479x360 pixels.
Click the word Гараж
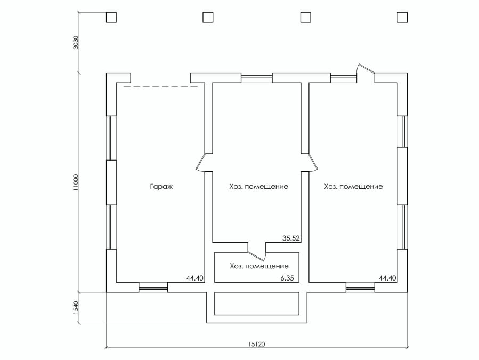pyautogui.click(x=161, y=187)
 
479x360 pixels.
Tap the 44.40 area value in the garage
pyautogui.click(x=194, y=278)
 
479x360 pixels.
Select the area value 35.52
pyautogui.click(x=291, y=238)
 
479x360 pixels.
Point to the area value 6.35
pyautogui.click(x=287, y=278)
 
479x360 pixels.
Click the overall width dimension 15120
pyautogui.click(x=257, y=344)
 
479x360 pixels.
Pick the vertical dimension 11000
pyautogui.click(x=76, y=182)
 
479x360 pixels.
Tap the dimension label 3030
pyautogui.click(x=76, y=43)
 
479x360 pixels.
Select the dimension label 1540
pyautogui.click(x=76, y=307)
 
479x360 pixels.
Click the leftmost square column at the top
pyautogui.click(x=111, y=18)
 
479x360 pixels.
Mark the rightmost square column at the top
pyautogui.click(x=402, y=18)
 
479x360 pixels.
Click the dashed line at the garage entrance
pyautogui.click(x=161, y=87)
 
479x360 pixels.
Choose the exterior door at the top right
pyautogui.click(x=366, y=70)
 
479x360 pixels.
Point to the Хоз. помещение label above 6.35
pyautogui.click(x=259, y=266)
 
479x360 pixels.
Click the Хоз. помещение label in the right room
pyautogui.click(x=353, y=187)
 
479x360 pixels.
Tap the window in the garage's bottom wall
pyautogui.click(x=153, y=287)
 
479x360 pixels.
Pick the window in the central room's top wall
pyautogui.click(x=257, y=78)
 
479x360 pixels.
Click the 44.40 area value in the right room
pyautogui.click(x=387, y=278)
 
